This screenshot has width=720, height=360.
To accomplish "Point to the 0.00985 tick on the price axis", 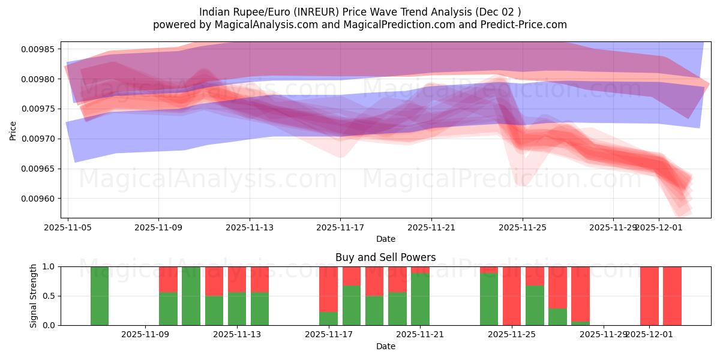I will pos(38,49).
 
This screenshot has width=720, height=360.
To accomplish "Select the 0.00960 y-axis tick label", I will pos(38,199).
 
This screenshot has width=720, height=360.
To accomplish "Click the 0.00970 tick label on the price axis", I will pos(38,139).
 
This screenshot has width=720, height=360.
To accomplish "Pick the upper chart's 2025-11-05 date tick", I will pos(68,228).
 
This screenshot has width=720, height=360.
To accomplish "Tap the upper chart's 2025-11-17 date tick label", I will pos(340,228).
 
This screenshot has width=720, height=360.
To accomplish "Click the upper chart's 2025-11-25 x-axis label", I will pos(522,228).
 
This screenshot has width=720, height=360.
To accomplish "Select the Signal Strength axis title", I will pos(34,296).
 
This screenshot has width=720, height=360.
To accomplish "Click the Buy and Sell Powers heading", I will pos(385,257).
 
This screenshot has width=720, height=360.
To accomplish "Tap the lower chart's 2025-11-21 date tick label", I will pos(420,335).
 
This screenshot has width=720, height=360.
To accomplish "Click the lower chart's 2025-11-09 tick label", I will pos(145,335).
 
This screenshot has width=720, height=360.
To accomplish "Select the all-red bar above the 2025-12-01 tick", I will pos(649,296).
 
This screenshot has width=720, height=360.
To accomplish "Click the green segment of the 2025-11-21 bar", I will pos(420,300).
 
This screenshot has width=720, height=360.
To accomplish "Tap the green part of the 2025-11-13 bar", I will pos(237,308).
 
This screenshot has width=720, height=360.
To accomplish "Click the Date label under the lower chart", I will pos(385,346).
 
